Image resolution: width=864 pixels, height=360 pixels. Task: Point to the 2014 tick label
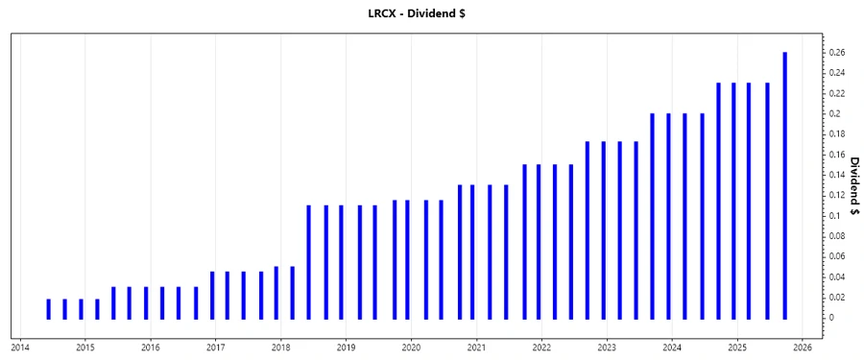pyautogui.click(x=20, y=348)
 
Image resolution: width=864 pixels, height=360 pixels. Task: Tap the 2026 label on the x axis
pyautogui.click(x=803, y=348)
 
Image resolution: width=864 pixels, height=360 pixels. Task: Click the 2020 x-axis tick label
pyautogui.click(x=411, y=348)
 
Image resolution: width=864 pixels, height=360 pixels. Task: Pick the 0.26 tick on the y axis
pyautogui.click(x=838, y=53)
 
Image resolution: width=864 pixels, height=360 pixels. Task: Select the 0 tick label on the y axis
pyautogui.click(x=833, y=318)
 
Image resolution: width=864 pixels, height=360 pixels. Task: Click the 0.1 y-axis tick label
pyautogui.click(x=836, y=216)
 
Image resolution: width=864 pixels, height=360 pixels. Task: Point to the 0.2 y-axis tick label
pyautogui.click(x=836, y=113)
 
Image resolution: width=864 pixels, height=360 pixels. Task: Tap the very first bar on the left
pyautogui.click(x=48, y=308)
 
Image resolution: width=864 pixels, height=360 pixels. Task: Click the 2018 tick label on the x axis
pyautogui.click(x=280, y=348)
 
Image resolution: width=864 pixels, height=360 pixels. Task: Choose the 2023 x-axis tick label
pyautogui.click(x=607, y=348)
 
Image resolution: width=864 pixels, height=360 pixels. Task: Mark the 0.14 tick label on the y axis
pyautogui.click(x=838, y=175)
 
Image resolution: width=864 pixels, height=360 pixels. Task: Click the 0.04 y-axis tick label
pyautogui.click(x=838, y=276)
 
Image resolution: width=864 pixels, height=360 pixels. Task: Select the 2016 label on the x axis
pyautogui.click(x=150, y=348)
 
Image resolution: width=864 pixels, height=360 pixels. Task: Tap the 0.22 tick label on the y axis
pyautogui.click(x=838, y=93)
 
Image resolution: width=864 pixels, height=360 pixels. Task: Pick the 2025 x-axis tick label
pyautogui.click(x=737, y=348)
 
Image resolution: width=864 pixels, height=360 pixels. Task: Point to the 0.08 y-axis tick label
pyautogui.click(x=838, y=236)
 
